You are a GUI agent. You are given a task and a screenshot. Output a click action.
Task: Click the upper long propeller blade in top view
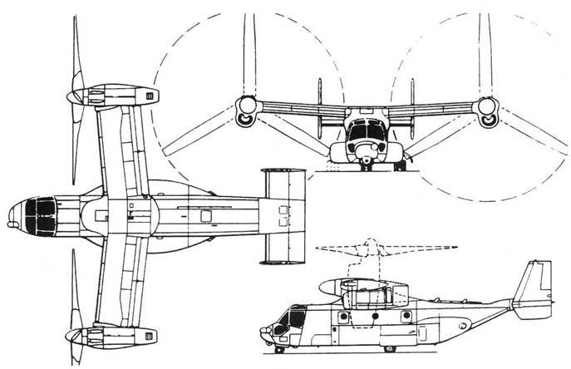click(x=80, y=42)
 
